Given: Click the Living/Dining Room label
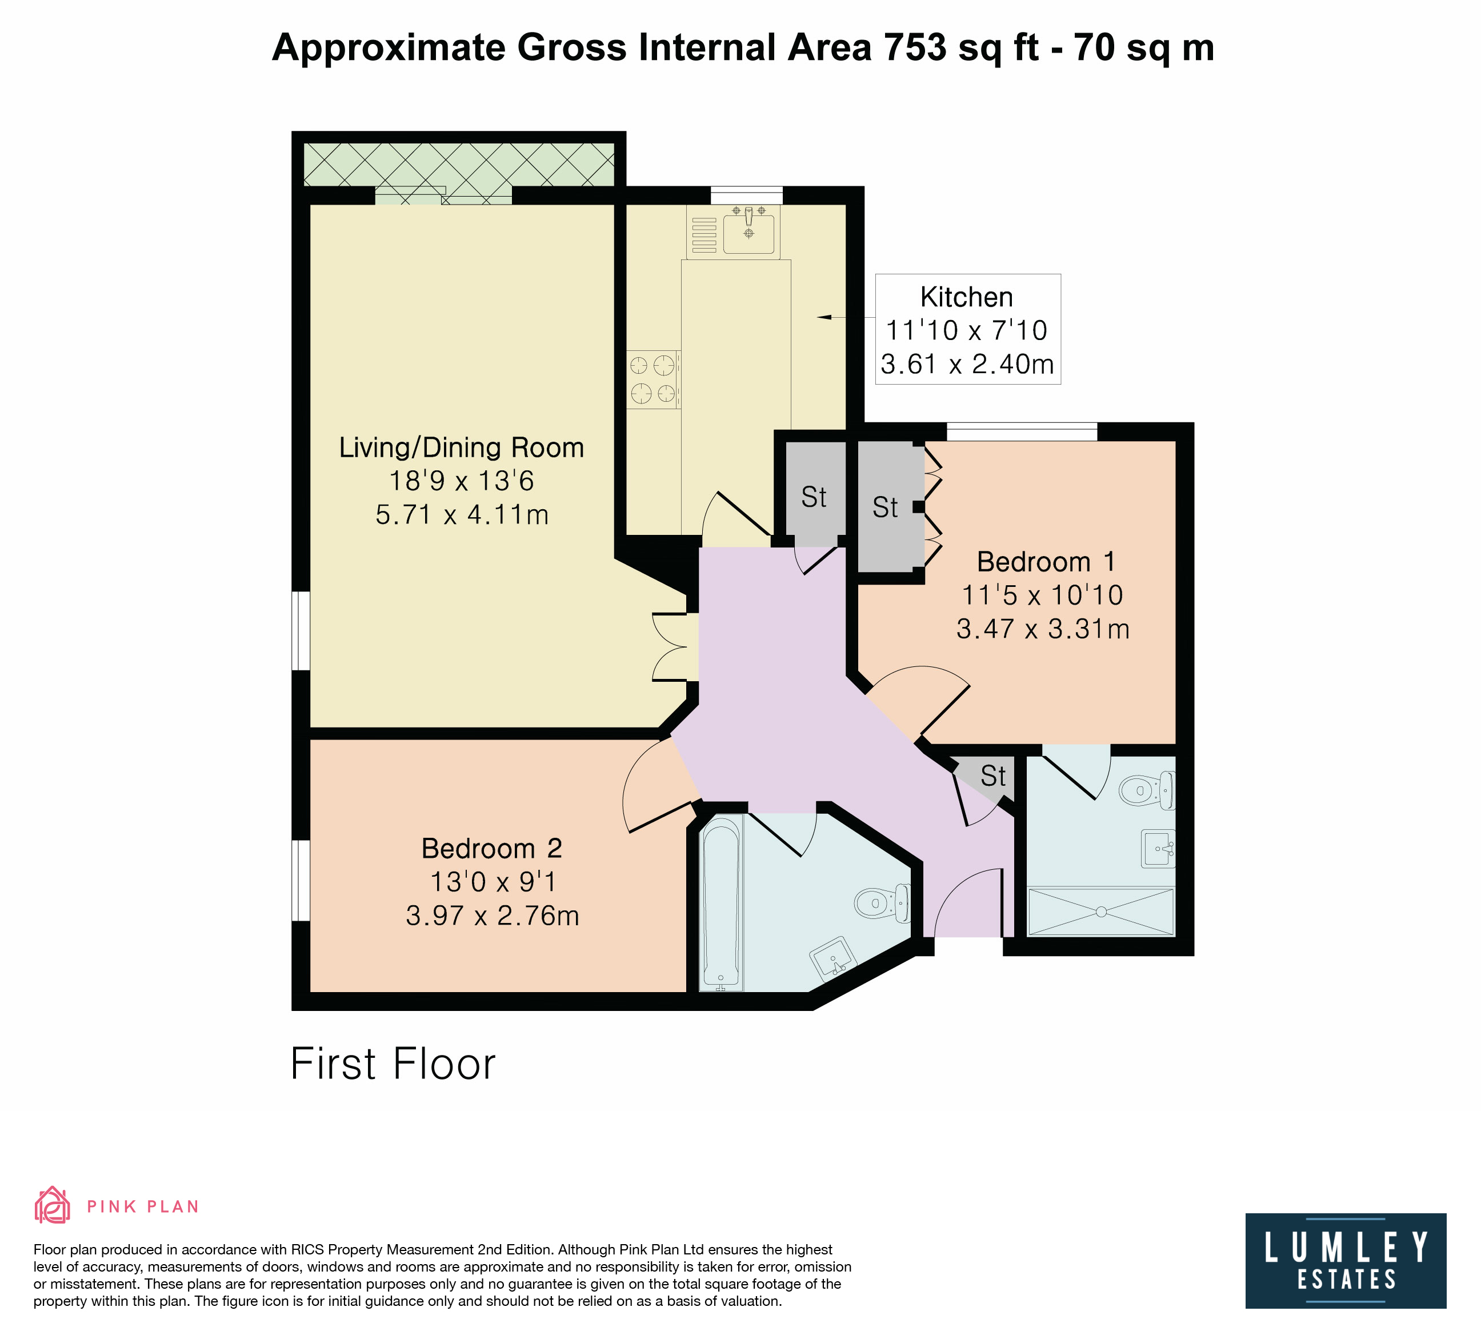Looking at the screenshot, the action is tap(461, 447).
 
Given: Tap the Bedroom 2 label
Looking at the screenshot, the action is tap(491, 849).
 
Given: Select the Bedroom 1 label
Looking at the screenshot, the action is tap(1046, 562).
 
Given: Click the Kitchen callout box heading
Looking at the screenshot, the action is tap(967, 297).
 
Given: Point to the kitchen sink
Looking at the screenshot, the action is tap(748, 231).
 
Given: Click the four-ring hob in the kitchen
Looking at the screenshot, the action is tap(653, 379).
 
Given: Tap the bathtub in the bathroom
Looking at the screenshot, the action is tap(721, 903).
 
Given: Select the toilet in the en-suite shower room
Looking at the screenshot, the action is tap(1147, 790).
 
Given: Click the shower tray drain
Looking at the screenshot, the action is tap(1101, 912).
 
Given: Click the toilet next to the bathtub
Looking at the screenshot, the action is tap(882, 902).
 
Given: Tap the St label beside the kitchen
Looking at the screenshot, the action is tap(814, 497).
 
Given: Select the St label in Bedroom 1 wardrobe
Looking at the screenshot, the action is tap(885, 507).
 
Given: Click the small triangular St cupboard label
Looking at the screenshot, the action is tap(993, 777).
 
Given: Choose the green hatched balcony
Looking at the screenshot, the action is tap(459, 165).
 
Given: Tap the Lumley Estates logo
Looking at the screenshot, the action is tap(1346, 1261).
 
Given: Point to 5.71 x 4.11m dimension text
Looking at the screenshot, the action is tap(462, 514).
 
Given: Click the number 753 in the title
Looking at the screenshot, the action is tap(915, 48).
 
